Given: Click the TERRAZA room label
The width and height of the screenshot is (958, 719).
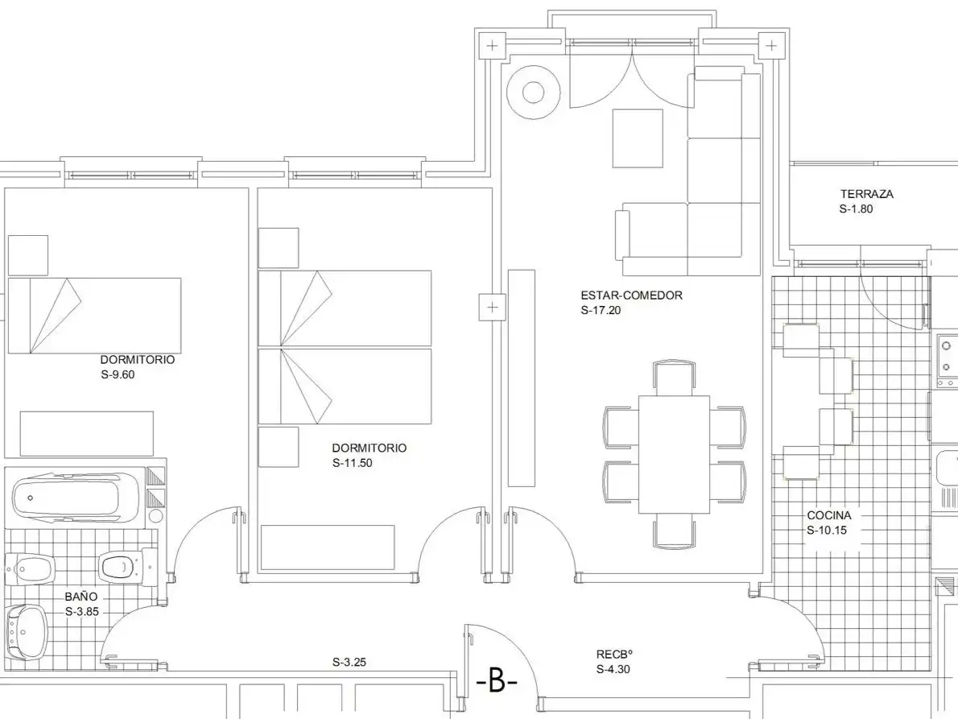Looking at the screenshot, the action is click(866, 194).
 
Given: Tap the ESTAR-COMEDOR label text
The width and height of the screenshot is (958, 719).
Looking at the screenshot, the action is click(631, 295).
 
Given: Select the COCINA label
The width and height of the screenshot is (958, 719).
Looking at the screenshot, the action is click(828, 515).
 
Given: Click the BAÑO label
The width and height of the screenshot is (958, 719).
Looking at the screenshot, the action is click(81, 597).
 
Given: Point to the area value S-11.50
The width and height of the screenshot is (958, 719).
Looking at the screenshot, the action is click(352, 463).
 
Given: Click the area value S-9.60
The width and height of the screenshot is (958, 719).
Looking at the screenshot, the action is click(118, 374).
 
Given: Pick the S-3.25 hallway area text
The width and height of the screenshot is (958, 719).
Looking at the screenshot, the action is click(349, 662).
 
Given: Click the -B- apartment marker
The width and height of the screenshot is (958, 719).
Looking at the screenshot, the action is click(496, 681).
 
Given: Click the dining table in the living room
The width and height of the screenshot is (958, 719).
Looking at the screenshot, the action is click(674, 455).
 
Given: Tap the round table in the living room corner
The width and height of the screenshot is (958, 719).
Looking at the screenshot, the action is click(534, 93).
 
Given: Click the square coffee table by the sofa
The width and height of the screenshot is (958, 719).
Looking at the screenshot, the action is click(638, 138).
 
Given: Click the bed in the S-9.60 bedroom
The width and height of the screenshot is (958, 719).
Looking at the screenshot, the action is click(94, 316).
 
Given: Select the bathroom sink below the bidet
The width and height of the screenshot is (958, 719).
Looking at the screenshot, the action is click(27, 632).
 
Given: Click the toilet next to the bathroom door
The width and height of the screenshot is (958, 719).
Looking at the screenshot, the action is click(126, 567).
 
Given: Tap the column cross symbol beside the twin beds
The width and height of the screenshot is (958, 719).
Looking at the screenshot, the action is click(493, 307).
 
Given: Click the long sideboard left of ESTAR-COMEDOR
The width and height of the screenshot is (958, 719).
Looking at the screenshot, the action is click(521, 378).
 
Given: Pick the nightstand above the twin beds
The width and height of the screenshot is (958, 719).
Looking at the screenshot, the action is click(279, 248).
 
